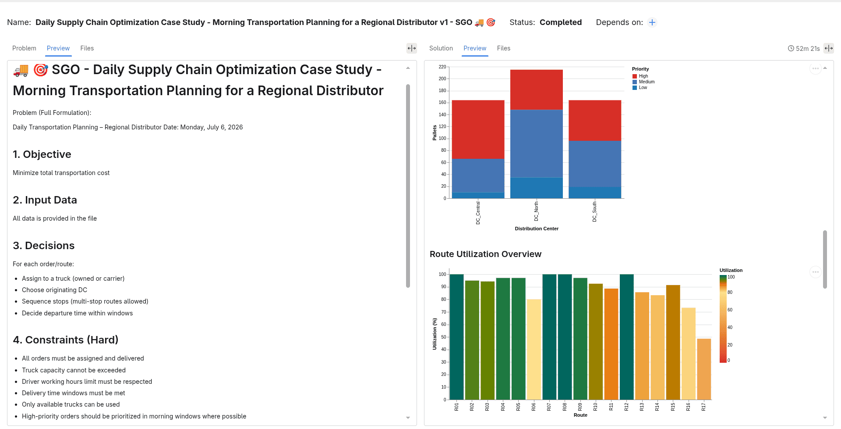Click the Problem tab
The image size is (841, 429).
tap(24, 48)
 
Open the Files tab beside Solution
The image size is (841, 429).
tap(503, 48)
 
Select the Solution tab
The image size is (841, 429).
tap(441, 48)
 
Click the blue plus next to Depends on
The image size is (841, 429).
tap(652, 22)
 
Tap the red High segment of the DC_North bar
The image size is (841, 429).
tap(536, 89)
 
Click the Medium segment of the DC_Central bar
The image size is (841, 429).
tap(478, 175)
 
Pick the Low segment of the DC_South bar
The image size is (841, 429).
tap(594, 193)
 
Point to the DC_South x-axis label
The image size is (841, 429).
tap(594, 212)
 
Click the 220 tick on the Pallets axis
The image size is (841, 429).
tap(442, 67)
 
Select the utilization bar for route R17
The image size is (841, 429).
tap(704, 369)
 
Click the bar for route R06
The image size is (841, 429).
tap(534, 350)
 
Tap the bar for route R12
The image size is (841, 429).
tap(626, 337)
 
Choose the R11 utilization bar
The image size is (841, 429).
tap(611, 344)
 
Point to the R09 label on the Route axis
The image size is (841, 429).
tap(580, 407)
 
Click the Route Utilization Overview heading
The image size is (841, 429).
tap(485, 254)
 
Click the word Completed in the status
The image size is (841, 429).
tap(561, 22)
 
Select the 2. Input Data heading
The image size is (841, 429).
tap(45, 200)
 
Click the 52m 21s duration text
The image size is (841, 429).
tap(808, 49)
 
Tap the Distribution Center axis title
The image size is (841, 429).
tap(537, 229)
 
